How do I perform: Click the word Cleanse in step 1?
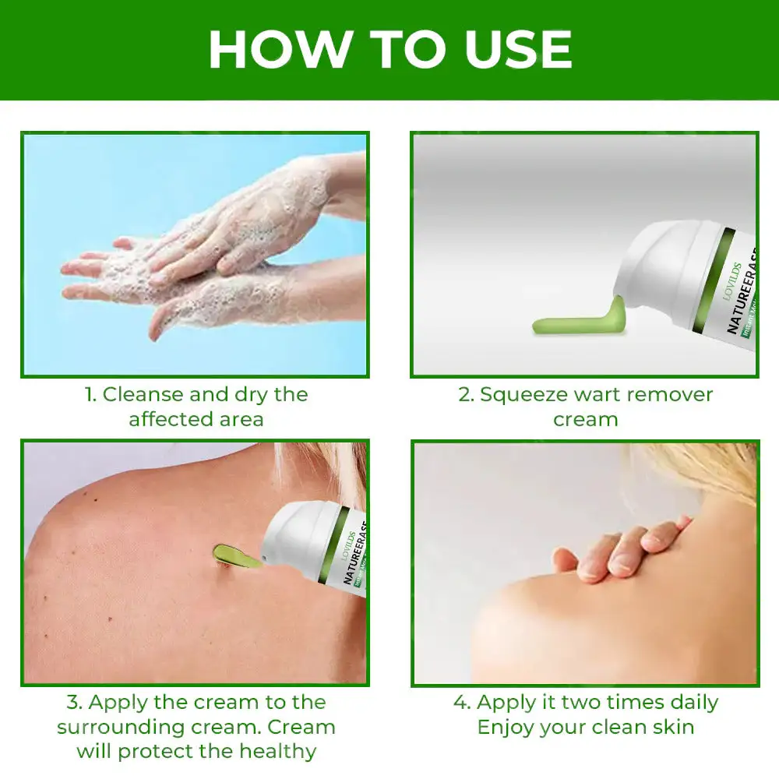153,394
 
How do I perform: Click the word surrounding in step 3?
148,727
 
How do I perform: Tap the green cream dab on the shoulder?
234,555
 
